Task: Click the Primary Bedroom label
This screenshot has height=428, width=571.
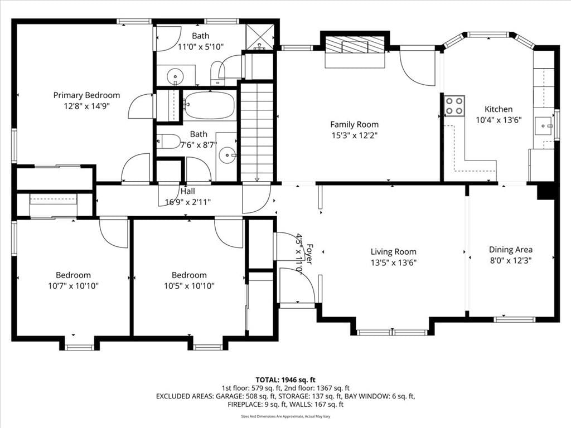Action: (86, 95)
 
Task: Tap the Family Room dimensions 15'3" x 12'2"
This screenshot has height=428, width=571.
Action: (354, 136)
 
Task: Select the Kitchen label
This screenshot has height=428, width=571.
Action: (499, 109)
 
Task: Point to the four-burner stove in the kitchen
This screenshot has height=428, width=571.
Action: (454, 105)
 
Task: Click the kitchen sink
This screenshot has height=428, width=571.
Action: (544, 126)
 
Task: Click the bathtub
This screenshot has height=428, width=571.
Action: (210, 105)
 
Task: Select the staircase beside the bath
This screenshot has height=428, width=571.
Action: (257, 132)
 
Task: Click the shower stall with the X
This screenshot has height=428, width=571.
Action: (259, 36)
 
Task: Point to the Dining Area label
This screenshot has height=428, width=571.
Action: (511, 250)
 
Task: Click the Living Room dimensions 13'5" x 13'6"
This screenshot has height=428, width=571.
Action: (393, 263)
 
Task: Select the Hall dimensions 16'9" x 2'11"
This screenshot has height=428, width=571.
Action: (188, 202)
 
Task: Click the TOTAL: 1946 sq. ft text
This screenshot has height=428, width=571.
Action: (285, 380)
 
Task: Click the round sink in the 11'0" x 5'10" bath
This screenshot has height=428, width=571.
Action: (175, 76)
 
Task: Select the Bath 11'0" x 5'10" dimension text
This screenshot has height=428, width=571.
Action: (200, 47)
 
